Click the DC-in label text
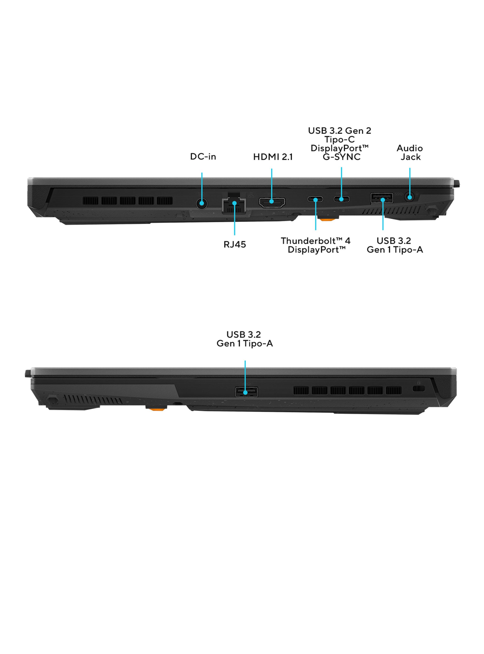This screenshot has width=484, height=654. (x=203, y=157)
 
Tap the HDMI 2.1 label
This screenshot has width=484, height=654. (x=273, y=157)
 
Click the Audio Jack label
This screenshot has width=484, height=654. (x=410, y=152)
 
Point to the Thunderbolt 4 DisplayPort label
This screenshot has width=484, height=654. (x=316, y=245)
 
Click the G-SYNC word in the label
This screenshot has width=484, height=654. (x=341, y=157)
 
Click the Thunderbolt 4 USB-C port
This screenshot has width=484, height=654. (x=316, y=200)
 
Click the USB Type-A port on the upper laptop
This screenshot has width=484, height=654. (x=382, y=198)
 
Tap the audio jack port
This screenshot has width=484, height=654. (x=410, y=197)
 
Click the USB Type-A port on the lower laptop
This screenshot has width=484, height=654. (x=246, y=392)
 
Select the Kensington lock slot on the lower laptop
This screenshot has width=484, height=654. (x=418, y=389)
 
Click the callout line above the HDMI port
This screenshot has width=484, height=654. (x=272, y=185)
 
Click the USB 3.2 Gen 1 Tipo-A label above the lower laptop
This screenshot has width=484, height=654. (x=245, y=339)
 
